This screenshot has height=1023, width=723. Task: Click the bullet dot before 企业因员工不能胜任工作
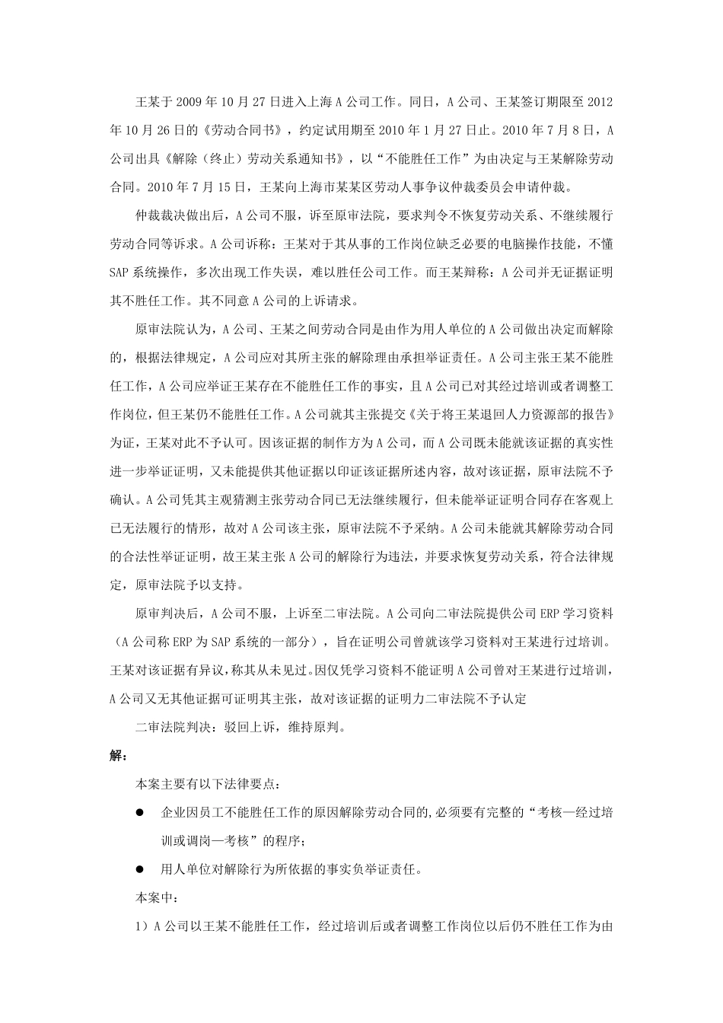(x=140, y=812)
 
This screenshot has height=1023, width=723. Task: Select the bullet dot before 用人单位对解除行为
(x=140, y=868)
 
